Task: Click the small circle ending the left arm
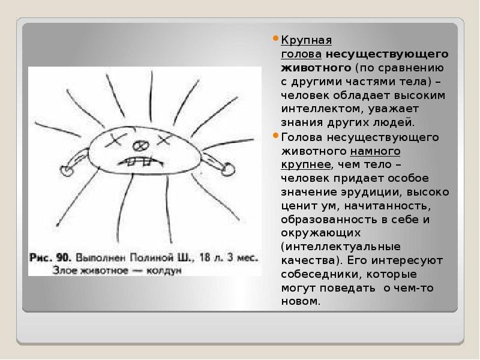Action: pos(67,170)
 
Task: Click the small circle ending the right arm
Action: pos(228,169)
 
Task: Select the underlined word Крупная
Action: pos(307,40)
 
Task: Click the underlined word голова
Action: pos(301,54)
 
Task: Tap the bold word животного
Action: pos(316,68)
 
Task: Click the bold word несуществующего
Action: pos(387,54)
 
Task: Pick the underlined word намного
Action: pos(375,151)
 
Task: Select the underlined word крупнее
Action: pos(306,165)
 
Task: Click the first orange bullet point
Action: pos(275,38)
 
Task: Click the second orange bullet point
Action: pos(275,135)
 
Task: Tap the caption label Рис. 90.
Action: pos(50,257)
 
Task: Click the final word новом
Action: pos(301,302)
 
